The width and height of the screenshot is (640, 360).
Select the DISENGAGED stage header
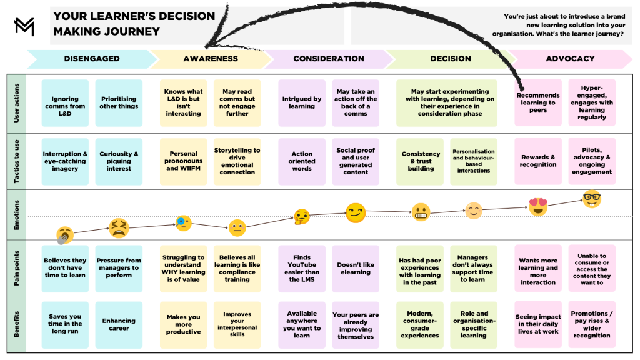(91, 59)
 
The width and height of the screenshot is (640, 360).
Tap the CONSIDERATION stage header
(328, 59)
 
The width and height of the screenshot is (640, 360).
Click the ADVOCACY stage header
(570, 59)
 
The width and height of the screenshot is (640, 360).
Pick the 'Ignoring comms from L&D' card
(65, 102)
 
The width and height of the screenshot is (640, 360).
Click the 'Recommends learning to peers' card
(537, 102)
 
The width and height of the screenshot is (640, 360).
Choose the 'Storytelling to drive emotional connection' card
(237, 161)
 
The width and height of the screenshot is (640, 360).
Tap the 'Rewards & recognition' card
(537, 161)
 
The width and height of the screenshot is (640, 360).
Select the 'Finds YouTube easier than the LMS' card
(302, 269)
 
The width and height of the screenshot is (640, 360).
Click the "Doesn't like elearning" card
(356, 269)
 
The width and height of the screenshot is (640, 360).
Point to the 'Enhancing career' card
(119, 324)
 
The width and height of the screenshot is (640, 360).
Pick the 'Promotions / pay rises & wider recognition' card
(591, 324)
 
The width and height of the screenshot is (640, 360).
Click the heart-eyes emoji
(538, 207)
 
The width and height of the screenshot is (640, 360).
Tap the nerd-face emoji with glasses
(591, 199)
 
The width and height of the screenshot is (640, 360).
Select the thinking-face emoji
(302, 217)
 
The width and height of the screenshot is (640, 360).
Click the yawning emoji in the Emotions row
(64, 235)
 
